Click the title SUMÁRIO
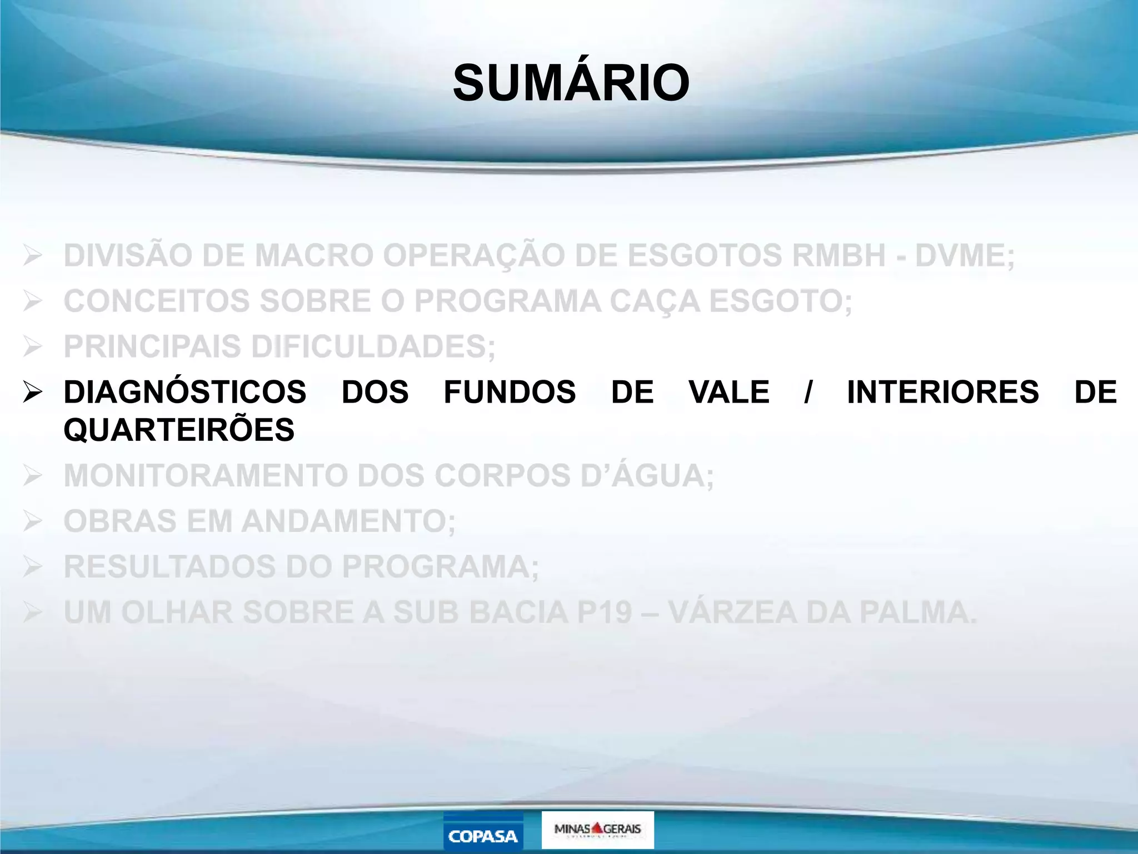pyautogui.click(x=571, y=83)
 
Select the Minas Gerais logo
pyautogui.click(x=597, y=830)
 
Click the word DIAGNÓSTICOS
pyautogui.click(x=184, y=392)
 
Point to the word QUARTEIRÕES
pyautogui.click(x=179, y=430)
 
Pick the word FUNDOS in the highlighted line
pyautogui.click(x=510, y=392)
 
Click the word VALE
pyautogui.click(x=729, y=392)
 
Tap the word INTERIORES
pyautogui.click(x=942, y=392)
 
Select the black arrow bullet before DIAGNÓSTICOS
pyautogui.click(x=33, y=392)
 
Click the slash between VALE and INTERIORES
pyautogui.click(x=808, y=392)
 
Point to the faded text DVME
pyautogui.click(x=964, y=256)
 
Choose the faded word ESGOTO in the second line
pyautogui.click(x=780, y=301)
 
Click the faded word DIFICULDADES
pyautogui.click(x=373, y=347)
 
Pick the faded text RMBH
pyautogui.click(x=838, y=256)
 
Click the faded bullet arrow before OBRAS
pyautogui.click(x=33, y=522)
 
